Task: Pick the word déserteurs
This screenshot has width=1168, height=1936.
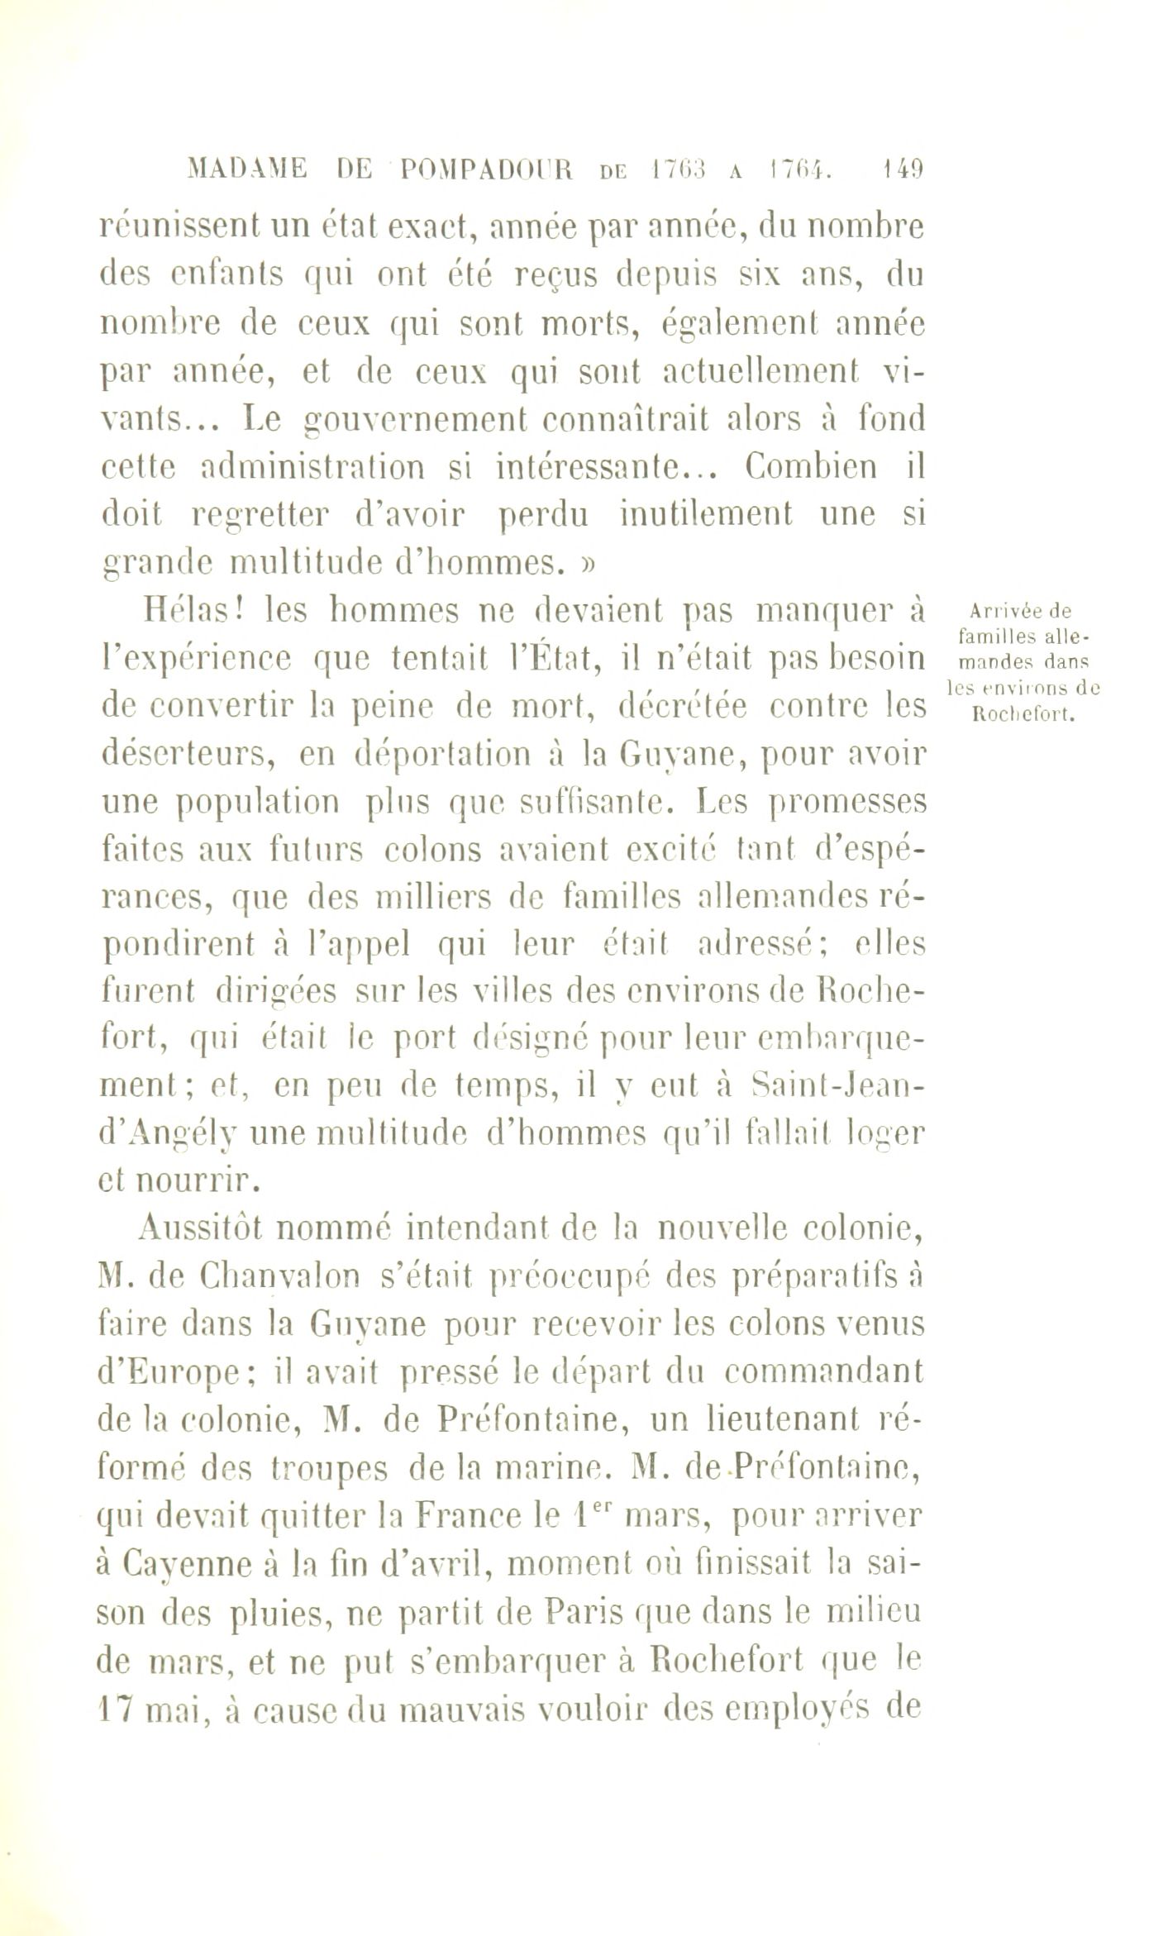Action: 189,756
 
